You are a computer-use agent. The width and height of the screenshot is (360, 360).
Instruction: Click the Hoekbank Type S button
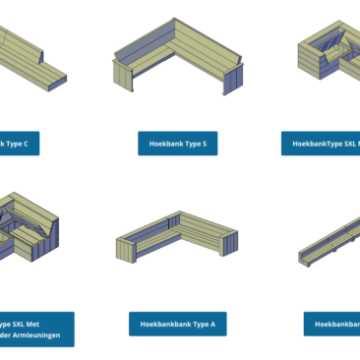coord(178,144)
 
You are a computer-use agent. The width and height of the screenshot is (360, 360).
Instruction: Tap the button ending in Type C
coord(20,144)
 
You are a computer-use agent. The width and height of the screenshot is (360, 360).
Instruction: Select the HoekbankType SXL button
coord(321,144)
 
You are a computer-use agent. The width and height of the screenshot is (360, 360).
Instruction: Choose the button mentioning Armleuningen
coord(35,330)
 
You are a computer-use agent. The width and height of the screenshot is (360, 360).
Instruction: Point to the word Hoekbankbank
coord(162,324)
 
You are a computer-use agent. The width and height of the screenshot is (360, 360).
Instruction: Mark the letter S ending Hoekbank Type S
coord(204,144)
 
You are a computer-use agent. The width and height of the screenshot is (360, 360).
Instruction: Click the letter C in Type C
coord(25,144)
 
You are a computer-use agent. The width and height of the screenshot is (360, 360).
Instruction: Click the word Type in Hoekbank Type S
coord(191,144)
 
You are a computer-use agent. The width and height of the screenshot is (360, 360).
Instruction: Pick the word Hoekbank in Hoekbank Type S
coord(164,144)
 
